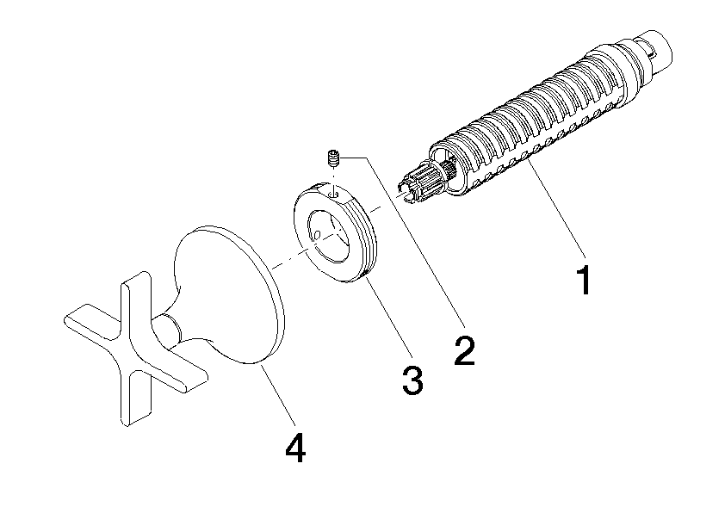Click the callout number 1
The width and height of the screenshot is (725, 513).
point(585,281)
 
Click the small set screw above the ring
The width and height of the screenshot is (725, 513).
point(335,158)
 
